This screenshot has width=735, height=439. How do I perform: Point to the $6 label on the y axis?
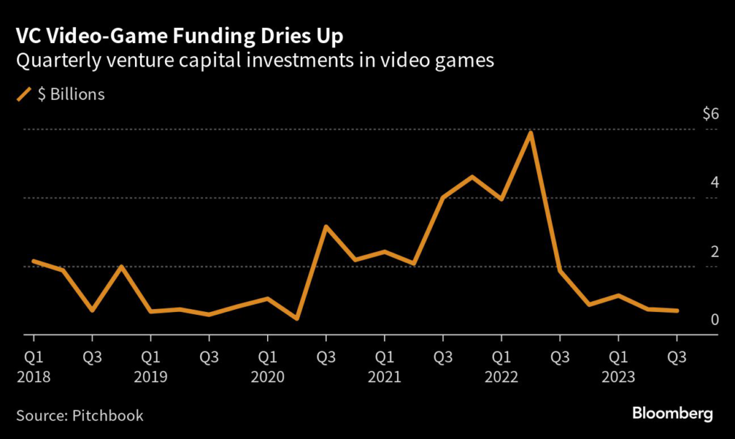pos(710,114)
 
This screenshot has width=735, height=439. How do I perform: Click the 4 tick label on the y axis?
pos(714,182)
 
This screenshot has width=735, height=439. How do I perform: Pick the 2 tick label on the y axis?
pos(714,251)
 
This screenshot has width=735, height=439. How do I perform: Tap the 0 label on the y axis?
pos(714,319)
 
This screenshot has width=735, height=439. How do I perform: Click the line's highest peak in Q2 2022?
pos(530,133)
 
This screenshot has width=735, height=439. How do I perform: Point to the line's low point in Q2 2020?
pos(296,318)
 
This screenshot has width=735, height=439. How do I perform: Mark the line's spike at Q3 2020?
pos(326,227)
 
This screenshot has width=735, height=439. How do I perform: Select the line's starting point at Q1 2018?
pos(33,261)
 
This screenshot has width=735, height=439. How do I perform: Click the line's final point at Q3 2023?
pos(677,311)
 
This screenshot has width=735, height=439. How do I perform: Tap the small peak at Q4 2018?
pos(121,267)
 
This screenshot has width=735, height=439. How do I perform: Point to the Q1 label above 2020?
pos(267,357)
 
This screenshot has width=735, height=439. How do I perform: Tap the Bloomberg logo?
pos(672,414)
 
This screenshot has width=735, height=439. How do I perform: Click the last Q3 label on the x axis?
pos(677,357)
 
